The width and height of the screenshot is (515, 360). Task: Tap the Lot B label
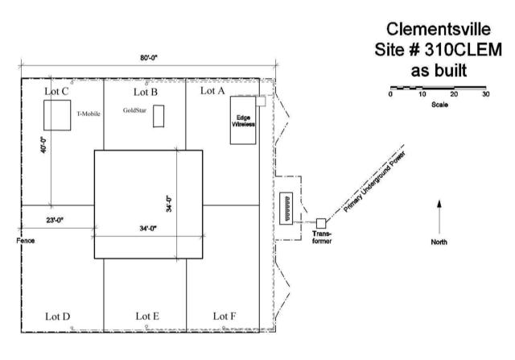(x=146, y=92)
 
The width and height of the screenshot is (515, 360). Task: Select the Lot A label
(x=212, y=91)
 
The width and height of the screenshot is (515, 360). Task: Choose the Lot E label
(x=146, y=316)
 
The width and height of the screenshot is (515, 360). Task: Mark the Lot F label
(x=225, y=316)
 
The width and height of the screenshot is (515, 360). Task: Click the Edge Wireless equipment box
(x=243, y=121)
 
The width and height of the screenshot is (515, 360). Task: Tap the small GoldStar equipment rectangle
(x=159, y=116)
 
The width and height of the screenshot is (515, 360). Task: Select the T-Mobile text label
(x=89, y=114)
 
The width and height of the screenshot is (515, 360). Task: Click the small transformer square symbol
(x=321, y=222)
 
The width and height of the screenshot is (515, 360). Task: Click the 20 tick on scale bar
(x=454, y=95)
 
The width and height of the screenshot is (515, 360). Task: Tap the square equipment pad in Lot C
(x=58, y=115)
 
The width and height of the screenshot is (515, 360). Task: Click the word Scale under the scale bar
(x=439, y=105)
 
